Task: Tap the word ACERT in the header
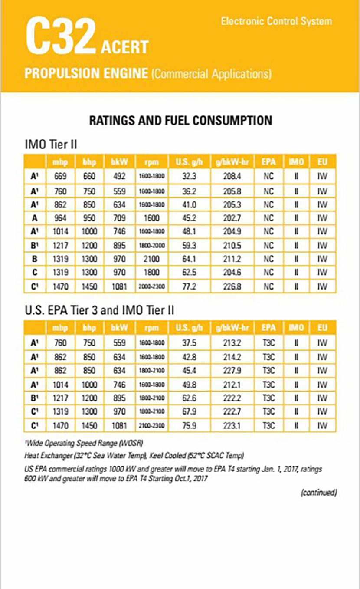click(x=124, y=47)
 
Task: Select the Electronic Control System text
click(x=276, y=21)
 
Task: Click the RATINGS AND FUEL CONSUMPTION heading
click(x=180, y=120)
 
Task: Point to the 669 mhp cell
click(x=60, y=177)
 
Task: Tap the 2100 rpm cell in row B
click(x=151, y=259)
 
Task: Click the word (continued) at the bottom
click(x=319, y=493)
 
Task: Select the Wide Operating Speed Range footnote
click(x=84, y=444)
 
